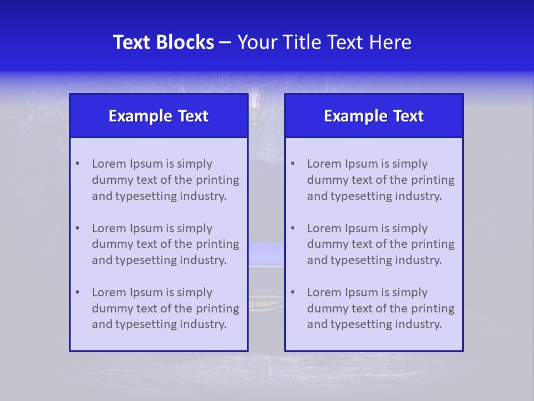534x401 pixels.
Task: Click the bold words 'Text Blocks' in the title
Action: pos(164,42)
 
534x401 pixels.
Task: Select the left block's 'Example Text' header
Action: pos(159,116)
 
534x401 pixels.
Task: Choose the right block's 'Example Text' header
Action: pos(374,116)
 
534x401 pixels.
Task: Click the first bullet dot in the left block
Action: pos(77,164)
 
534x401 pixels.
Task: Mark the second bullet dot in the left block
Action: pos(77,228)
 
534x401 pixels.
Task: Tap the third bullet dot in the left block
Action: pos(77,292)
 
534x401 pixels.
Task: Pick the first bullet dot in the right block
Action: pos(293,164)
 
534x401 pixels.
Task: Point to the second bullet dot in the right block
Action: pos(293,228)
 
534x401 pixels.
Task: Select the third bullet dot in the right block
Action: pos(293,292)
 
